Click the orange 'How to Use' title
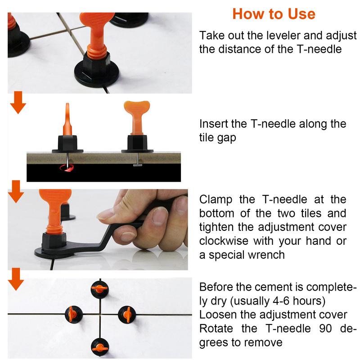pyautogui.click(x=274, y=14)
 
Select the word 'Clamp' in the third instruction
pyautogui.click(x=216, y=200)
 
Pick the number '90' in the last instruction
pyautogui.click(x=325, y=328)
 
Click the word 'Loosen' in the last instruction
pyautogui.click(x=218, y=315)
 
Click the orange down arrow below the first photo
pyautogui.click(x=18, y=103)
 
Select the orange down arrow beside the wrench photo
pyautogui.click(x=16, y=192)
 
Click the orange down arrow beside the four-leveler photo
pyautogui.click(x=16, y=279)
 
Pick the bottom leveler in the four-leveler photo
pyautogui.click(x=99, y=346)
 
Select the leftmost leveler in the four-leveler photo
pyautogui.click(x=74, y=314)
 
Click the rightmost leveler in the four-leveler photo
pyautogui.click(x=127, y=314)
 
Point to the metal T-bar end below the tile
pyautogui.click(x=137, y=165)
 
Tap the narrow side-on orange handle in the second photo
pyautogui.click(x=67, y=119)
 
